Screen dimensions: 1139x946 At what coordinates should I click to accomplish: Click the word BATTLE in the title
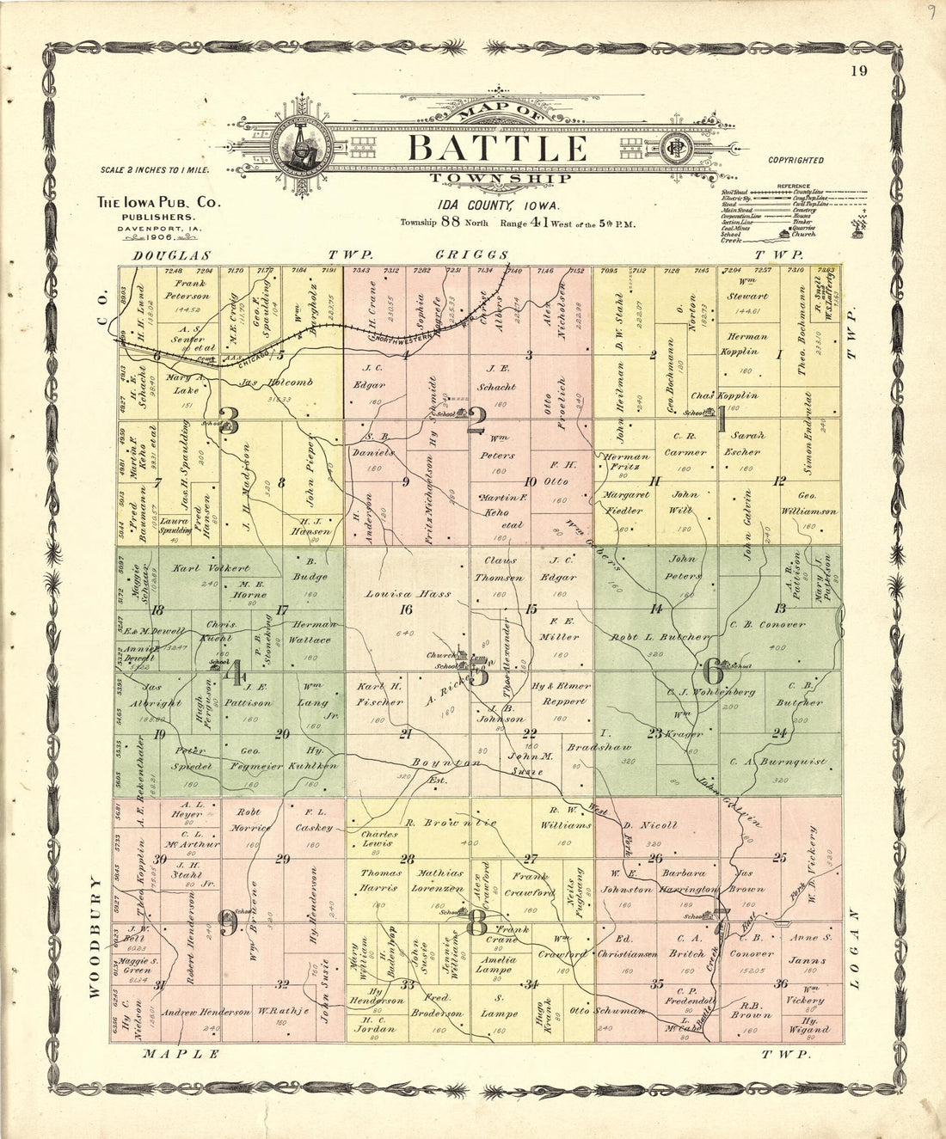click(x=497, y=148)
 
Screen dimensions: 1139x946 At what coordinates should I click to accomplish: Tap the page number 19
click(x=858, y=71)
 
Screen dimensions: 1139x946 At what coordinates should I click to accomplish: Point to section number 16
click(x=406, y=610)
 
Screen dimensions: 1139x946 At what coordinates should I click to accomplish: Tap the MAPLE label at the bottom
click(x=181, y=1053)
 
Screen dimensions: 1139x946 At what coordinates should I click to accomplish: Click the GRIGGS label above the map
click(x=471, y=255)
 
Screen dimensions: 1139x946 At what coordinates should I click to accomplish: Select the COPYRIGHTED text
click(x=795, y=160)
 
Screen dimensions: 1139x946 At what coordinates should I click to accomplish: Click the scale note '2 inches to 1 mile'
click(x=155, y=170)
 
